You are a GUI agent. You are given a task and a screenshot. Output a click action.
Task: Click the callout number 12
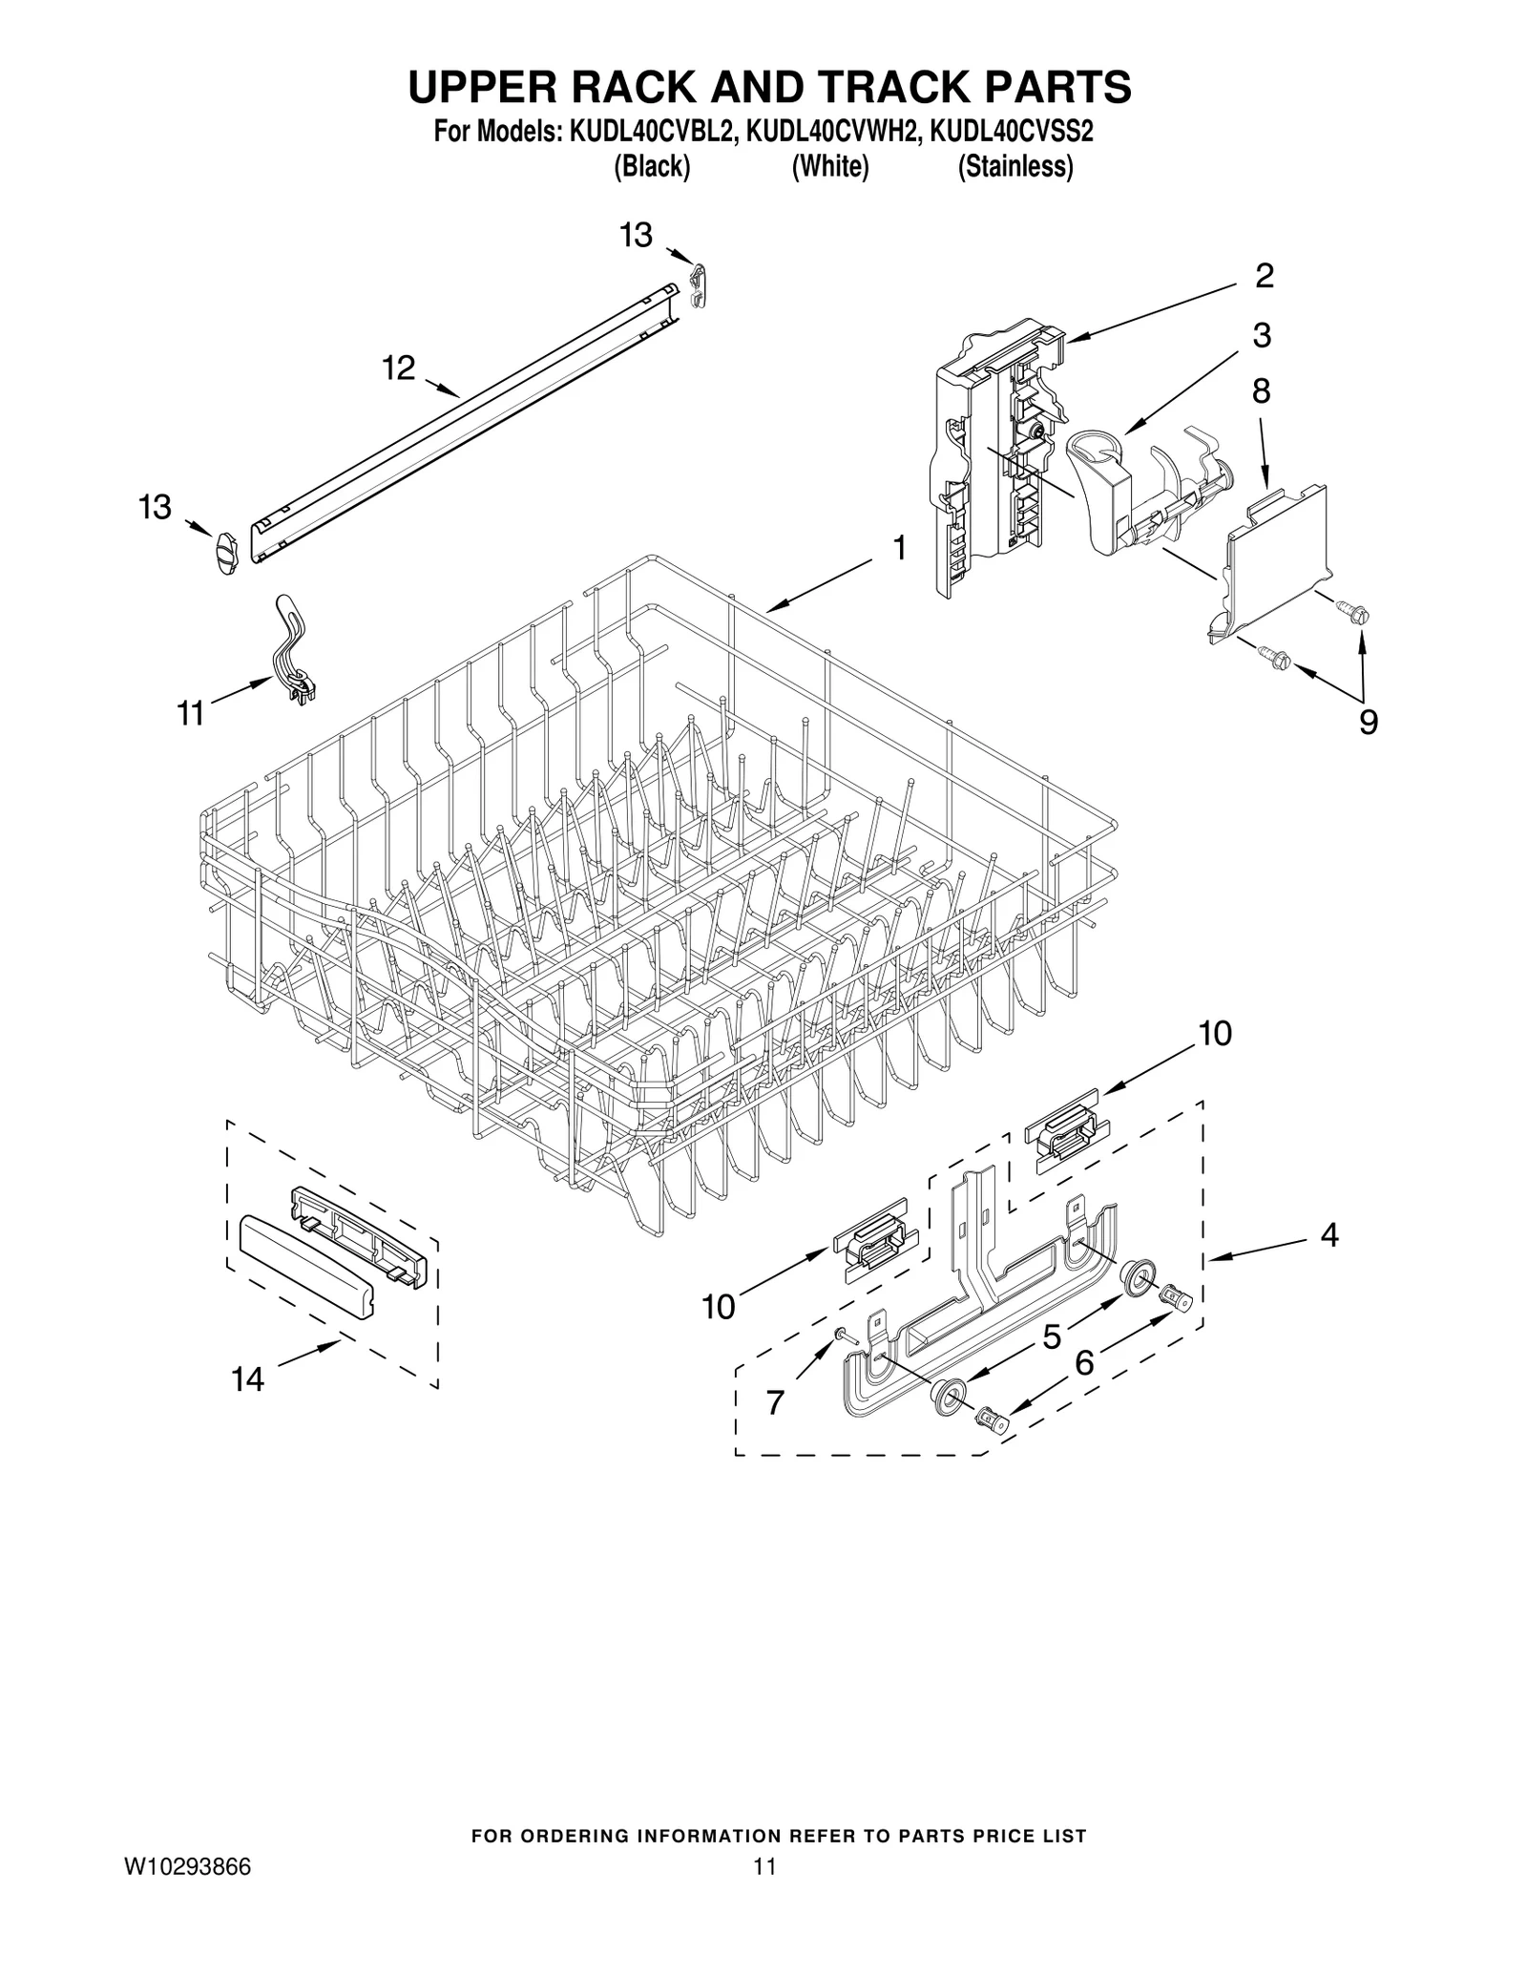(x=399, y=368)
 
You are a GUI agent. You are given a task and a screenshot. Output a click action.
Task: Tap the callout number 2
(x=1264, y=276)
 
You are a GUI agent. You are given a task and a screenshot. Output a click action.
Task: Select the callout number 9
(x=1368, y=723)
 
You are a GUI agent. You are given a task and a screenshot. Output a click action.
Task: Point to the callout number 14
(x=247, y=1378)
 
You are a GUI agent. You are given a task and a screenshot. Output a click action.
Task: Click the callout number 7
(x=775, y=1402)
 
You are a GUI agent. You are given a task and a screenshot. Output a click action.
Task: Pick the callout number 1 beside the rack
(x=898, y=548)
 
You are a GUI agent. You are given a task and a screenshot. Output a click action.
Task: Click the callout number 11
(x=191, y=712)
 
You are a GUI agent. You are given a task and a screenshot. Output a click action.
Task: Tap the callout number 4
(x=1329, y=1235)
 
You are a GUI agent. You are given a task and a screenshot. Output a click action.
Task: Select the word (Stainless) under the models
(x=1015, y=167)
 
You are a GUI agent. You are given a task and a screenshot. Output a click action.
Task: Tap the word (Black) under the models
(x=652, y=167)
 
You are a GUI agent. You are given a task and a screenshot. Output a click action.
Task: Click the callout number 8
(x=1261, y=390)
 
